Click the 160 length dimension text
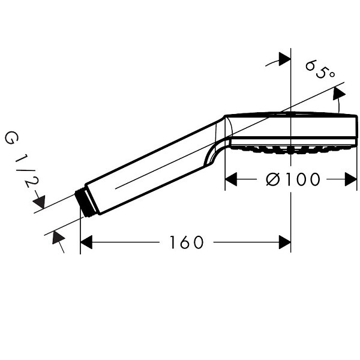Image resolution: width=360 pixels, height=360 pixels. pos(186,242)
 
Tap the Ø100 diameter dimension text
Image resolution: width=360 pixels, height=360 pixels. pos(293,179)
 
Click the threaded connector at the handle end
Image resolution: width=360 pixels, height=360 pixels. pos(84,202)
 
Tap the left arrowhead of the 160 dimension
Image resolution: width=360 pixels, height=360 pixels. pos(86,242)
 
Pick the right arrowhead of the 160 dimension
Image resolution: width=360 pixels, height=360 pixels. pos(284,242)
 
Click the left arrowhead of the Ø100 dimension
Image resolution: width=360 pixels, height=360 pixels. pos(231,179)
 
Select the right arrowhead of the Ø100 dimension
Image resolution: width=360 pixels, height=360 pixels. pos(351,179)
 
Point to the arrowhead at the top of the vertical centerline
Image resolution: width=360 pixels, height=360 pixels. pos(284,59)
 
